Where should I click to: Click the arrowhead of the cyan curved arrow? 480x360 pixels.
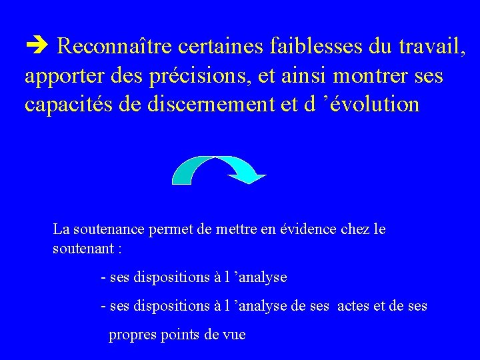(247, 177)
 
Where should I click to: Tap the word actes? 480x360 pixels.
(352, 306)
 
